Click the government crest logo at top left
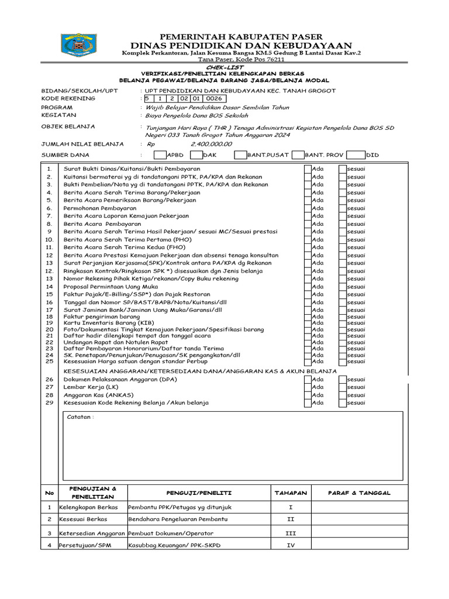80,45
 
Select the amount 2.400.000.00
207,144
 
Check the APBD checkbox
160,155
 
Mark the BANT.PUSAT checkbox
240,155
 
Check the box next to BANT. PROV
297,155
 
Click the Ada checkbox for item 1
307,169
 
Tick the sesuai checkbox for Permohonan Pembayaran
343,208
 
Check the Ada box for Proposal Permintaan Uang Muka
307,287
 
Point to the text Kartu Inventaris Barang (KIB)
109,323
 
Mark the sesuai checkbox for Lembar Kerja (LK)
343,387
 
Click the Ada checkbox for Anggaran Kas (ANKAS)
307,395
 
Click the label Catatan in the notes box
80,417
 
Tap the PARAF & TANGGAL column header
359,493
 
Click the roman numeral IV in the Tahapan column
291,545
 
